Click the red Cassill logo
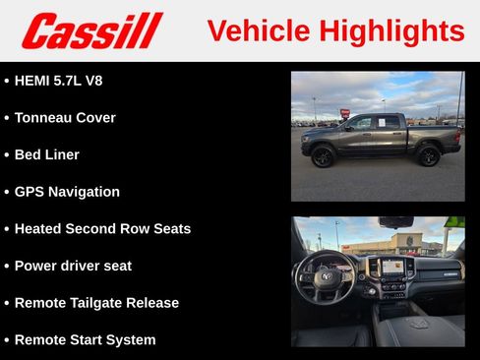point(91,30)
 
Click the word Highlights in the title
point(392,30)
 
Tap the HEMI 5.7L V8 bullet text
point(58,81)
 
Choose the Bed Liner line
point(46,154)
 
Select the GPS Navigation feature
point(67,192)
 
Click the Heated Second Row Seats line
point(102,229)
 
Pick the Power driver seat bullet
point(73,266)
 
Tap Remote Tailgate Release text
point(96,303)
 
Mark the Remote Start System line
point(85,340)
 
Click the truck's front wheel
point(323,155)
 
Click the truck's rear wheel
point(428,155)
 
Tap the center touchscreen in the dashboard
point(392,267)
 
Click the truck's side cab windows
point(375,123)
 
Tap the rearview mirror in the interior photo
point(395,222)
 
